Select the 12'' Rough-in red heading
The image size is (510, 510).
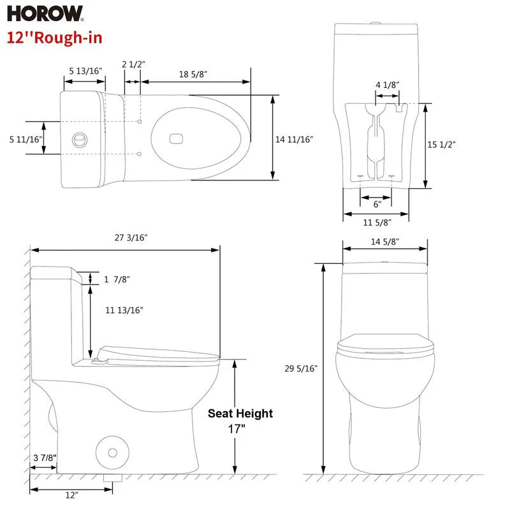54,36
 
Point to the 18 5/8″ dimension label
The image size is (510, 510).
193,75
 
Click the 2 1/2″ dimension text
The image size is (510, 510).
134,64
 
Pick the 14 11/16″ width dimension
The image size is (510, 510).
294,139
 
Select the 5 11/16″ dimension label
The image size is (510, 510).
25,139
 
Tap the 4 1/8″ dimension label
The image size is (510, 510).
388,85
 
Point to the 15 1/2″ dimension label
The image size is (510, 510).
441,145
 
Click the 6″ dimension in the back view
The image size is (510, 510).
377,204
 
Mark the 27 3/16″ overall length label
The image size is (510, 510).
131,237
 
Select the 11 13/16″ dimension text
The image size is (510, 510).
124,310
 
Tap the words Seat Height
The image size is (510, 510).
240,413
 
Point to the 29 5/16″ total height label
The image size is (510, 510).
302,368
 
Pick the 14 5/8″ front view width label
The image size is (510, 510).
384,242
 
